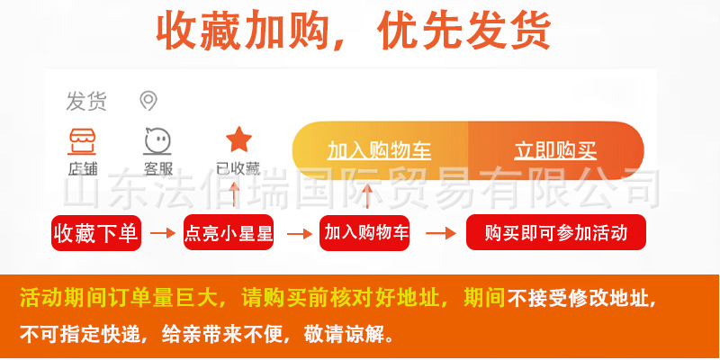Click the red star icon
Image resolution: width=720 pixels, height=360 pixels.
pos(238,139)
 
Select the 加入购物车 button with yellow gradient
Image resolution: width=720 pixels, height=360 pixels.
pos(380,149)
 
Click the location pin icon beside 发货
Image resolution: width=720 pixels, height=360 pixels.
pos(148,101)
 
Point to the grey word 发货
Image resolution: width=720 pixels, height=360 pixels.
pos(85,102)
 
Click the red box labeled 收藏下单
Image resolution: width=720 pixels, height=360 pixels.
pos(96,234)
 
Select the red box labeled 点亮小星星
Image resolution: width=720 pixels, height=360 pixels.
pos(228,234)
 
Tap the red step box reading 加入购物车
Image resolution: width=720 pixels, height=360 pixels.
pos(366,233)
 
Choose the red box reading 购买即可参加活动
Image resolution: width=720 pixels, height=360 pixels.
pos(555,234)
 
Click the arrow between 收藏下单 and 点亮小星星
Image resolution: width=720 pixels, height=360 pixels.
pos(162,234)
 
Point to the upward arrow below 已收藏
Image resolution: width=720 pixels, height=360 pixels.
pos(236,194)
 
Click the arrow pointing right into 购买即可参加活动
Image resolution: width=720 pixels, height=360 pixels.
pos(440,234)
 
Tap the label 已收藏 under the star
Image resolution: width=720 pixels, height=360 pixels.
pos(238,167)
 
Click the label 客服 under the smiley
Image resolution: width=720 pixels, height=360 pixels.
pos(158,167)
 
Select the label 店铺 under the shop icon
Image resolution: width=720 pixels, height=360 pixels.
pos(83,167)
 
